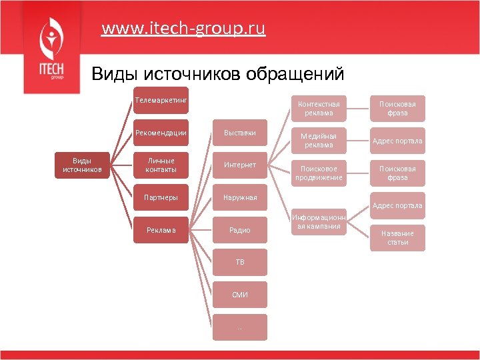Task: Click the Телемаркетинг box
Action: [x=161, y=100]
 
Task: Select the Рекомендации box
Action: [x=161, y=133]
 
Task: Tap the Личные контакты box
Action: [x=161, y=165]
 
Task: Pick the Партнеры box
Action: [x=161, y=197]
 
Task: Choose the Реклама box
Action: [x=161, y=230]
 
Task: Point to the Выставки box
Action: [x=240, y=132]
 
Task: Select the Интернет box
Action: [x=240, y=165]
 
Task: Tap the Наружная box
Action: [x=240, y=197]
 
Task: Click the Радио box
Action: [x=240, y=230]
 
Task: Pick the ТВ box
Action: [x=240, y=262]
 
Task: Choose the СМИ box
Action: [x=240, y=295]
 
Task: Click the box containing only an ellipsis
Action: [x=240, y=327]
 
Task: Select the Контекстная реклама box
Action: [x=319, y=108]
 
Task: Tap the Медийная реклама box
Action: [x=319, y=141]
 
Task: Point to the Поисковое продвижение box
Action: [x=319, y=173]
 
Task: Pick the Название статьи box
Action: [x=397, y=237]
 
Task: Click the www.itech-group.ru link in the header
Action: [x=183, y=29]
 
